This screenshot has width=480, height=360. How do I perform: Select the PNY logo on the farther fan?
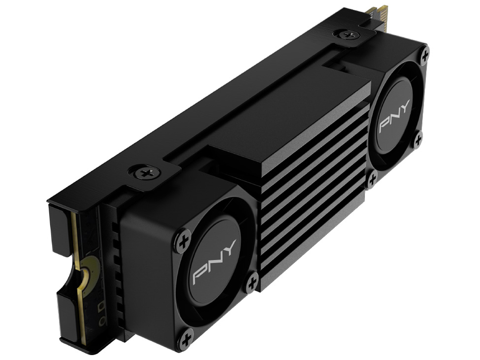[x=394, y=119]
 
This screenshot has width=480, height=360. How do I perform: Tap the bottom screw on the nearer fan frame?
[x=186, y=340]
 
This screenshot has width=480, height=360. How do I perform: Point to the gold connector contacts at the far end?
[x=380, y=13]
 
